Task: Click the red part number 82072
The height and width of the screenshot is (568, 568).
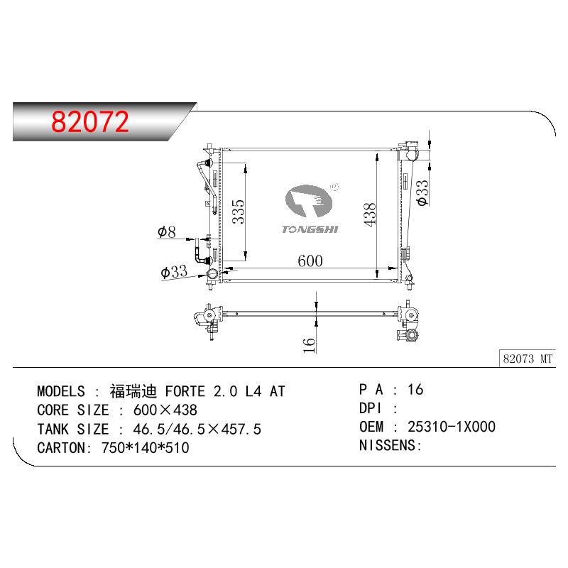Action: [x=90, y=121]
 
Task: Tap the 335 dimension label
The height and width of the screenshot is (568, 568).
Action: [x=238, y=212]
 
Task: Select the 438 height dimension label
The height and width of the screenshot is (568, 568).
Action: [x=370, y=215]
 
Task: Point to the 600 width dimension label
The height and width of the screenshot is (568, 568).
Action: [x=310, y=261]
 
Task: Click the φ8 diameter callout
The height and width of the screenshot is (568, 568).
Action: [x=167, y=232]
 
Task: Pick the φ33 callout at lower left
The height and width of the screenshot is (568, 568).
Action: [x=174, y=271]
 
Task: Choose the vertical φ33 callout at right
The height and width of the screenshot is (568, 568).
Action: [x=422, y=193]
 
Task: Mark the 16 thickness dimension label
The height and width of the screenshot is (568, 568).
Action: [x=309, y=345]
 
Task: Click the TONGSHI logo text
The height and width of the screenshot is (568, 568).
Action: [x=310, y=229]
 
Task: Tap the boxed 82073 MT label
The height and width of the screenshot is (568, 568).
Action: [x=528, y=359]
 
